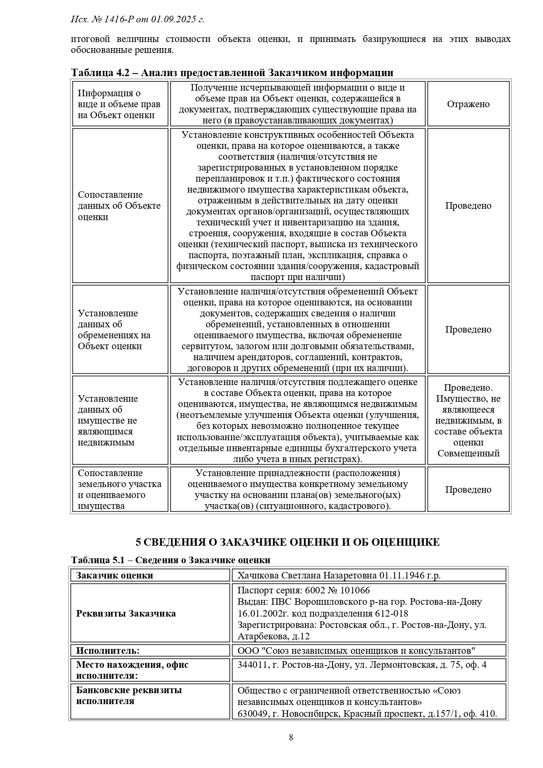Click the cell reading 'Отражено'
point(468,104)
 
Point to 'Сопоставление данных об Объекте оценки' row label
point(119,206)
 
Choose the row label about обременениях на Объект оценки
point(114,330)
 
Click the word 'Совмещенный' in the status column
point(468,453)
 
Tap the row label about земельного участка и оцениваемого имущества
point(119,489)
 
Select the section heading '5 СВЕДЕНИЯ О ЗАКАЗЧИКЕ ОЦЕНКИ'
point(287,542)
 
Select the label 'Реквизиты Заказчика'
point(126,613)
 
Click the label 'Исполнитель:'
point(108,651)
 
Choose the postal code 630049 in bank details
point(252,714)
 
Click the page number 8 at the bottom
point(291,737)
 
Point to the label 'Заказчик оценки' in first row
point(115,575)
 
